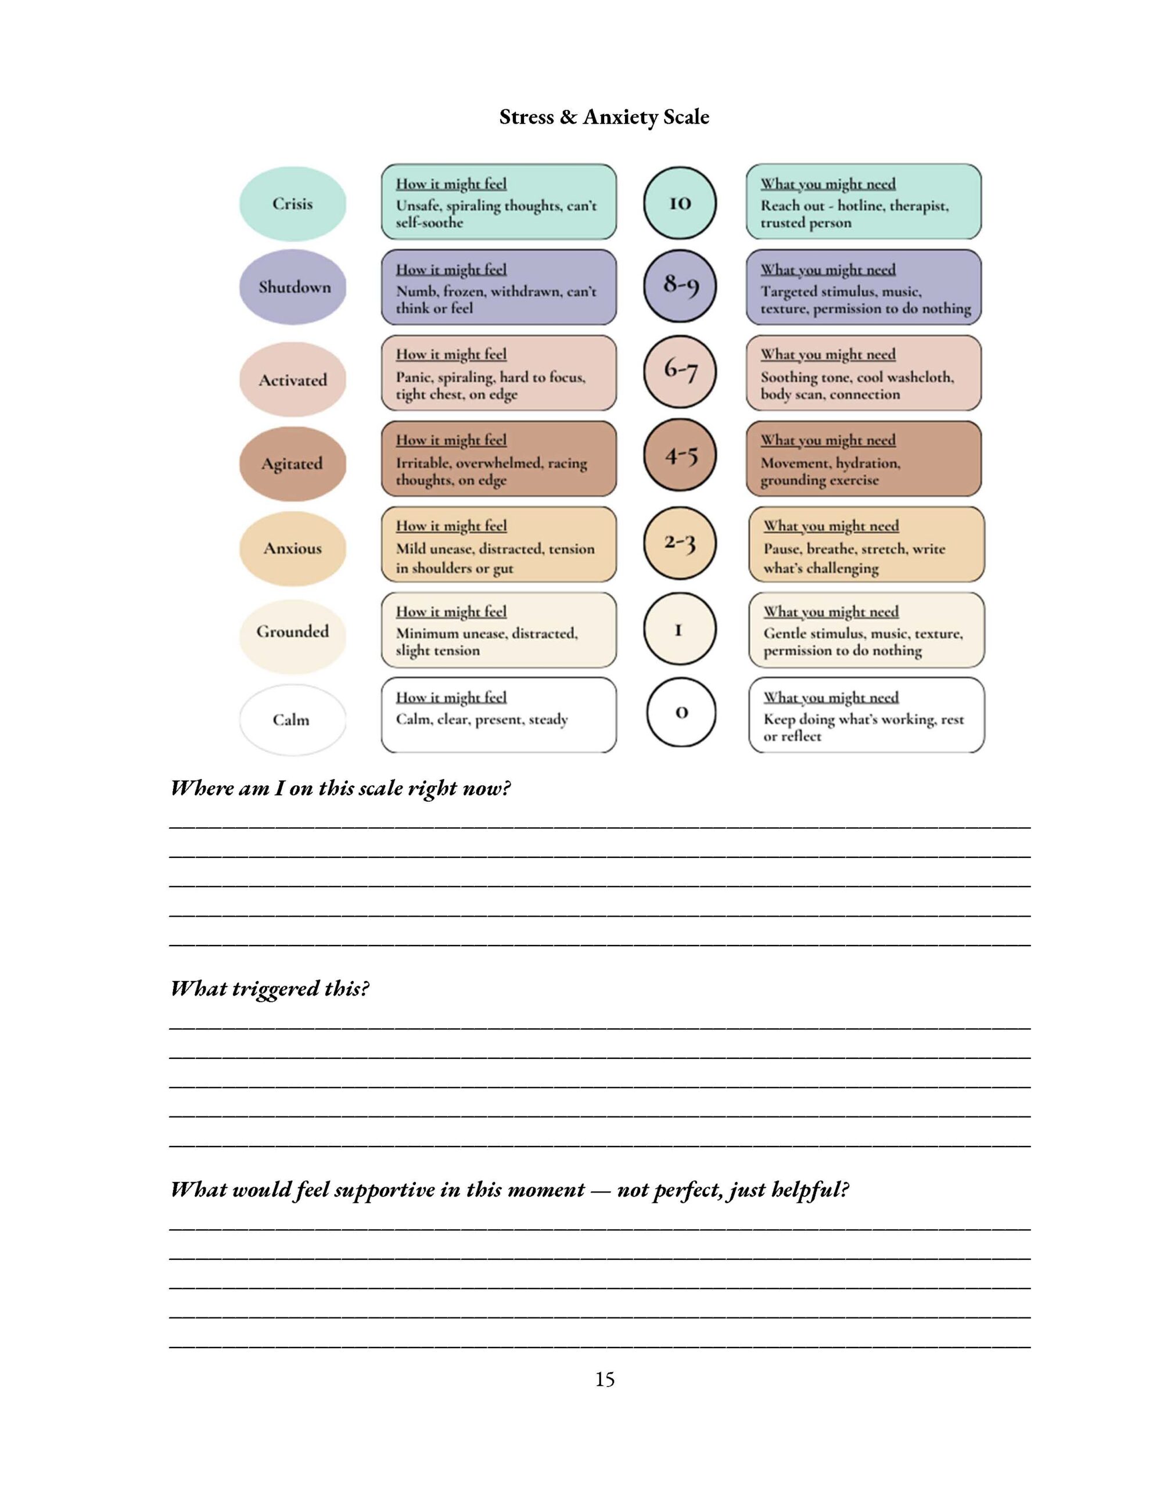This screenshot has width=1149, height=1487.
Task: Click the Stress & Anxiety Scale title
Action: pyautogui.click(x=604, y=117)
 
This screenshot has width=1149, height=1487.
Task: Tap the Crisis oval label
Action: pyautogui.click(x=292, y=203)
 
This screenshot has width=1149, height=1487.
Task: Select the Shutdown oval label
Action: pyautogui.click(x=293, y=286)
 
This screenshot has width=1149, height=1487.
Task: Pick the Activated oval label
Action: pyautogui.click(x=292, y=379)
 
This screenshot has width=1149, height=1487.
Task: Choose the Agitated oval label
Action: pyautogui.click(x=292, y=464)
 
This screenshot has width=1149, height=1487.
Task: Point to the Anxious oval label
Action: pyautogui.click(x=292, y=548)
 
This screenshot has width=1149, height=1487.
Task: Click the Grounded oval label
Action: pyautogui.click(x=292, y=632)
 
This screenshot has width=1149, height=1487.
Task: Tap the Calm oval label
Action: pyautogui.click(x=291, y=720)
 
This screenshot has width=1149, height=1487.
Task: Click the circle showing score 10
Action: pyautogui.click(x=679, y=203)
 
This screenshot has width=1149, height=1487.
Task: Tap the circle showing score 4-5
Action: pyautogui.click(x=679, y=455)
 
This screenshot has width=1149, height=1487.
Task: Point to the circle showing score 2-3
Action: pyautogui.click(x=679, y=543)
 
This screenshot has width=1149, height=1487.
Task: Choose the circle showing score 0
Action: pyautogui.click(x=680, y=712)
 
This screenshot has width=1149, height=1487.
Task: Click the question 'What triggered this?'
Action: pyautogui.click(x=270, y=988)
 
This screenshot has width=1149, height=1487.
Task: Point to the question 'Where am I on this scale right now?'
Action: pyautogui.click(x=340, y=788)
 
